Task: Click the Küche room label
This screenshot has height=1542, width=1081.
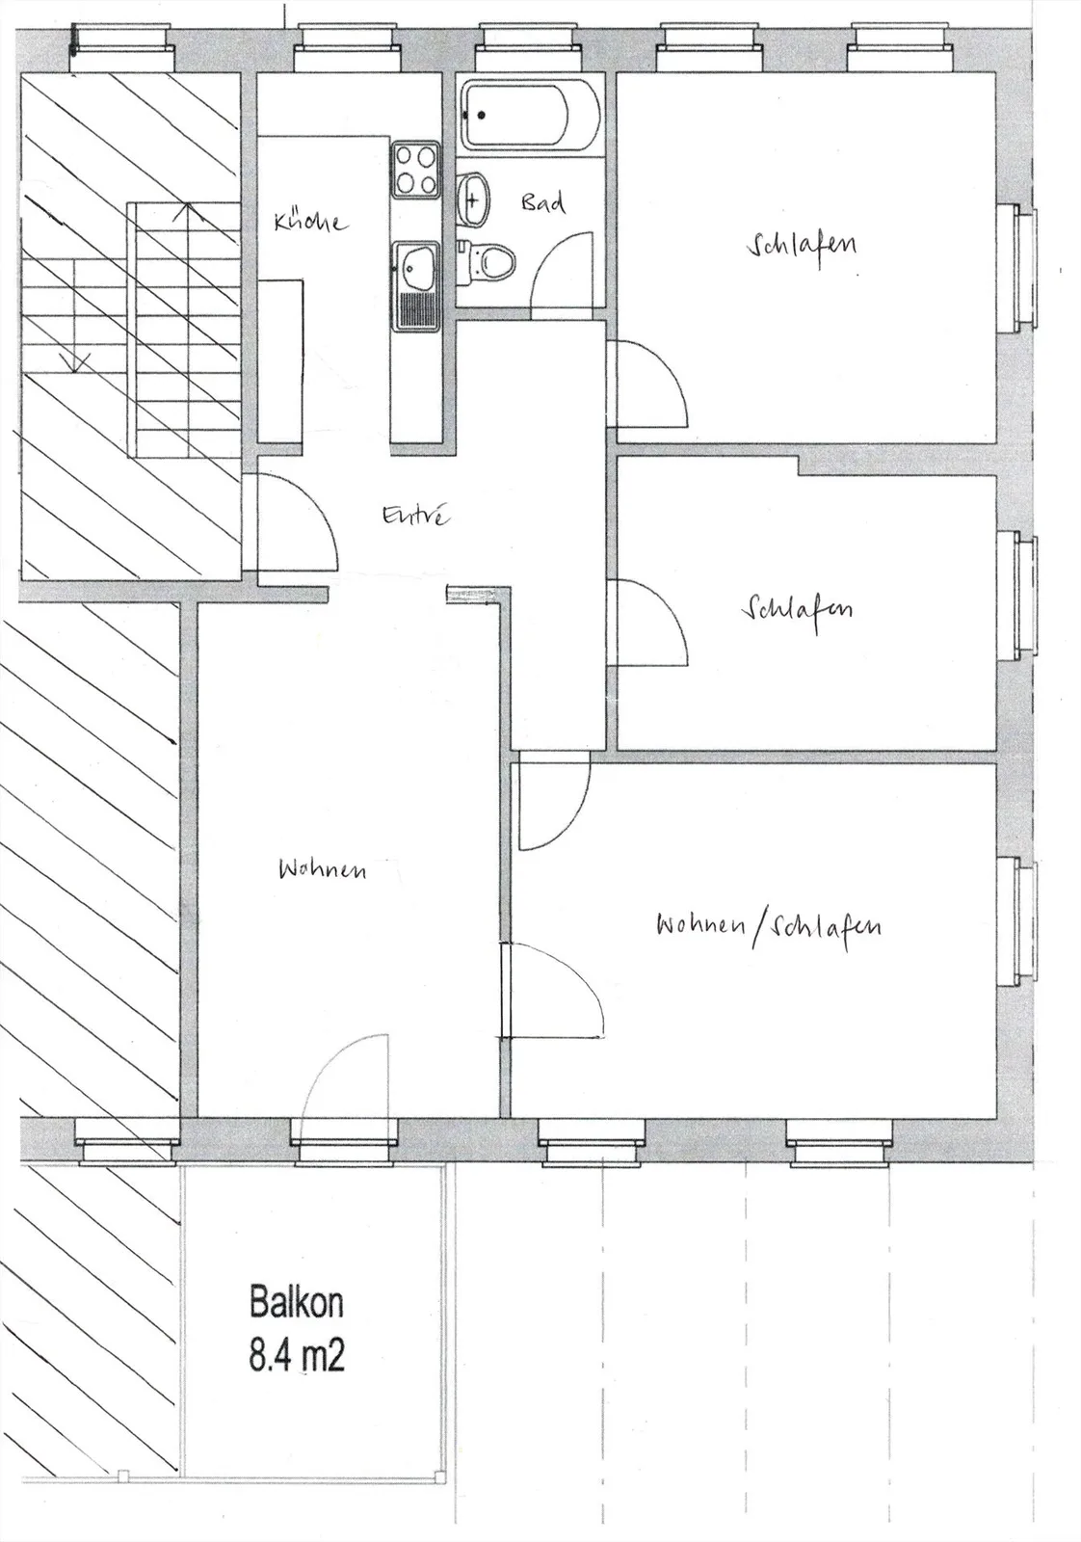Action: coord(310,222)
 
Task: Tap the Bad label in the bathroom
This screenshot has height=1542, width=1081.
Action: coord(543,203)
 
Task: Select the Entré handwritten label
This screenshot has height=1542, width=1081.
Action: coord(415,515)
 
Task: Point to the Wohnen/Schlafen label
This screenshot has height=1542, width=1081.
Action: coord(769,928)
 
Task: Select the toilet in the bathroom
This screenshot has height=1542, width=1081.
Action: coord(488,261)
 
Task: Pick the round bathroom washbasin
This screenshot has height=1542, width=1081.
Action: coord(473,199)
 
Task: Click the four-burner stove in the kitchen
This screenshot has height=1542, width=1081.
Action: coord(415,170)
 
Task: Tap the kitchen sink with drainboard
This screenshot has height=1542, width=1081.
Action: coord(415,286)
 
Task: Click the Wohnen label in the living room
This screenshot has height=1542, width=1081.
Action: coord(322,869)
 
